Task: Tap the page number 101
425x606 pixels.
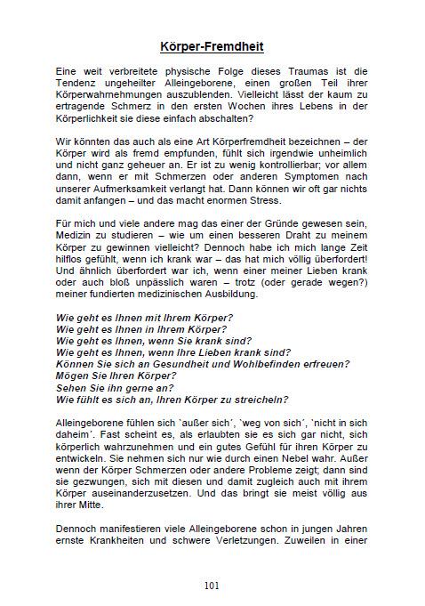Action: pos(212,585)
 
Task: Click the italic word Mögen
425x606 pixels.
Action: pos(74,376)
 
